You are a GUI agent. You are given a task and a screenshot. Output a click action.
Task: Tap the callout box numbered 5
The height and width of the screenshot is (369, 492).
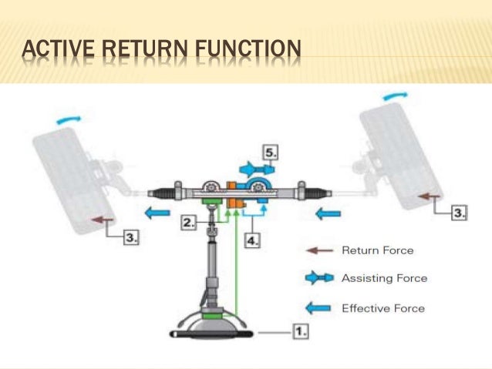point(270,153)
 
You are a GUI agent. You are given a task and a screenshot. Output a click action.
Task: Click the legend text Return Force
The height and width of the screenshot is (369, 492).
point(377,250)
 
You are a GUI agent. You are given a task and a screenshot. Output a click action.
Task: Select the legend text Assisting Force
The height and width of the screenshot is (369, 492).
point(383,278)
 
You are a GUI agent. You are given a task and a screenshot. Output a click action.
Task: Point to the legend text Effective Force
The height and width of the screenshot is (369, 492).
point(382,308)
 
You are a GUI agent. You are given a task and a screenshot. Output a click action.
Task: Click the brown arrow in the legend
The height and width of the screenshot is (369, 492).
point(319,250)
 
